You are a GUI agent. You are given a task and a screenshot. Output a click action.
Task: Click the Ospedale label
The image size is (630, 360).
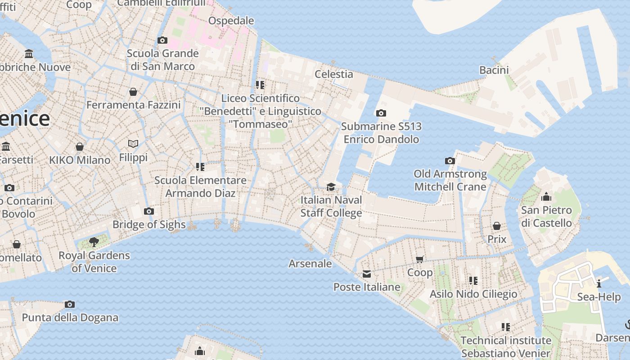[231, 21]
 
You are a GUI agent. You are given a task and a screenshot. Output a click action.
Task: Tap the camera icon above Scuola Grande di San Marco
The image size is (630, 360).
[162, 40]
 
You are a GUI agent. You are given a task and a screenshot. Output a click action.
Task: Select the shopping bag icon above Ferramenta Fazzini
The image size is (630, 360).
[133, 92]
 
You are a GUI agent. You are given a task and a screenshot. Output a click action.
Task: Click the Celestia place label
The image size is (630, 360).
[333, 74]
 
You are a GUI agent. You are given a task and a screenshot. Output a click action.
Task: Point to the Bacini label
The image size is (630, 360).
[494, 70]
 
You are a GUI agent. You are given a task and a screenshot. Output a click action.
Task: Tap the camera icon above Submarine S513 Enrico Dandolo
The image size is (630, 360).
[381, 113]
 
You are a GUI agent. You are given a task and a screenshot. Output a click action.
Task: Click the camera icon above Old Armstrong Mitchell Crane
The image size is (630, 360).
[450, 161]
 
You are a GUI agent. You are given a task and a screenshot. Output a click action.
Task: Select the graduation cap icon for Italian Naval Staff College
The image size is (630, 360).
[331, 187]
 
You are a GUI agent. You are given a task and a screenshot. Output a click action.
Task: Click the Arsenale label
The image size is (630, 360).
[310, 264]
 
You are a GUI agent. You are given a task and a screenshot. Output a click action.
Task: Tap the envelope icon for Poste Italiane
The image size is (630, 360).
[367, 274]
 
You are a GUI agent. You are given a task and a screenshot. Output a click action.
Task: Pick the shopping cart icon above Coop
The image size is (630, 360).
[420, 259]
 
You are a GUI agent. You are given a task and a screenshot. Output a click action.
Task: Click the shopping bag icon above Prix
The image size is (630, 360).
[497, 226]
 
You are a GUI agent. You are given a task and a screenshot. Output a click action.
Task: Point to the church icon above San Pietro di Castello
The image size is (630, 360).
[546, 197]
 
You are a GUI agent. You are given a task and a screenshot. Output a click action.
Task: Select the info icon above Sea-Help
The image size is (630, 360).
[599, 283]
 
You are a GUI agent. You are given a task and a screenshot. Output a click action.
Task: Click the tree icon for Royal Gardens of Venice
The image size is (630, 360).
[94, 242]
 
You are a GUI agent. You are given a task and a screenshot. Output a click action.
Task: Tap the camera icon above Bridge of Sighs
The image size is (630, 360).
[149, 211]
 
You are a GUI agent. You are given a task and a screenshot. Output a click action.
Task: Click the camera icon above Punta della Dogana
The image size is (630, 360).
[70, 304]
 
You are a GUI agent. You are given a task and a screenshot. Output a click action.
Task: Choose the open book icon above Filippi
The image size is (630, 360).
[133, 144]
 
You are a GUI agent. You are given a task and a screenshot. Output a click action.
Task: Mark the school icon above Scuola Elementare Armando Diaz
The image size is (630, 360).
[200, 167]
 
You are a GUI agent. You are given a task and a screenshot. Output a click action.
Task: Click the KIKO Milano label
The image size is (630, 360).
[80, 160]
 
